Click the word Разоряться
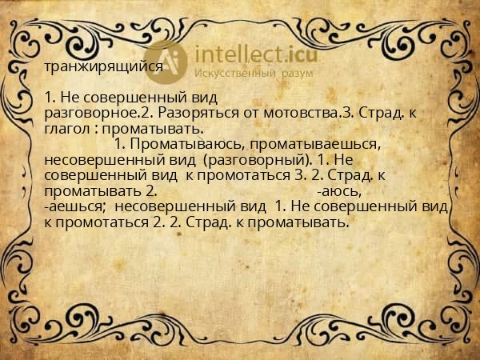tap(187, 113)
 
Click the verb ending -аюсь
tap(339, 192)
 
